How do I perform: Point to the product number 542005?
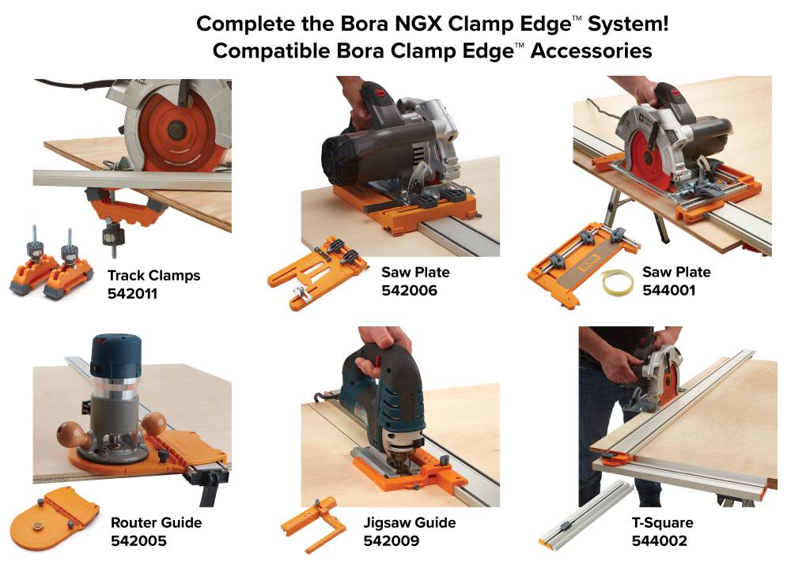coord(138,541)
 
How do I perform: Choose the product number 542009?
coord(391,541)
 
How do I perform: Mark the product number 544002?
coord(659,541)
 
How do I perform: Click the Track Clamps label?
coord(153,275)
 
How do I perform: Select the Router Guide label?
coord(156,522)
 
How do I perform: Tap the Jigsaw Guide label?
coord(410,522)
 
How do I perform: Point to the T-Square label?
coord(662,522)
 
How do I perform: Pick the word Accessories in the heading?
coord(591,51)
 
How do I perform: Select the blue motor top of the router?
coord(116,354)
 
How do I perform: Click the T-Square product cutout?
coord(585,514)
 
